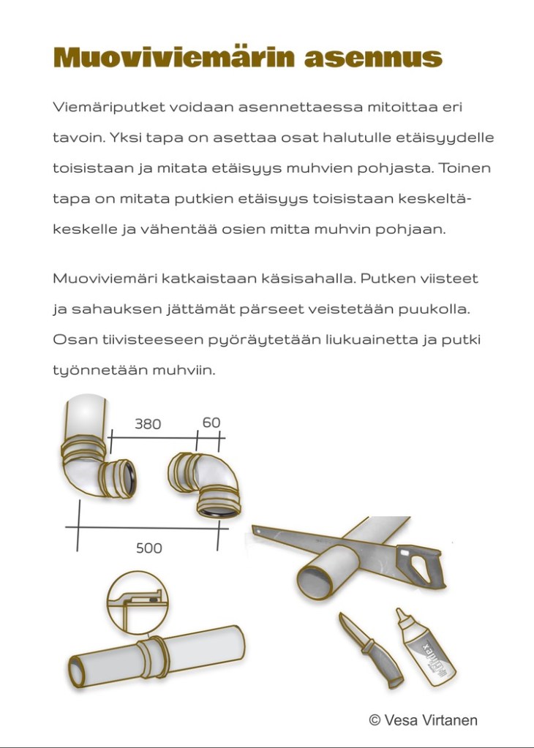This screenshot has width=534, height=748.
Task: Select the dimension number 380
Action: [x=147, y=424]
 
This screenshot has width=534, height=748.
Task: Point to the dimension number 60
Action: [x=211, y=423]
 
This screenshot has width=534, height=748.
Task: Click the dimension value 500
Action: [x=148, y=548]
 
